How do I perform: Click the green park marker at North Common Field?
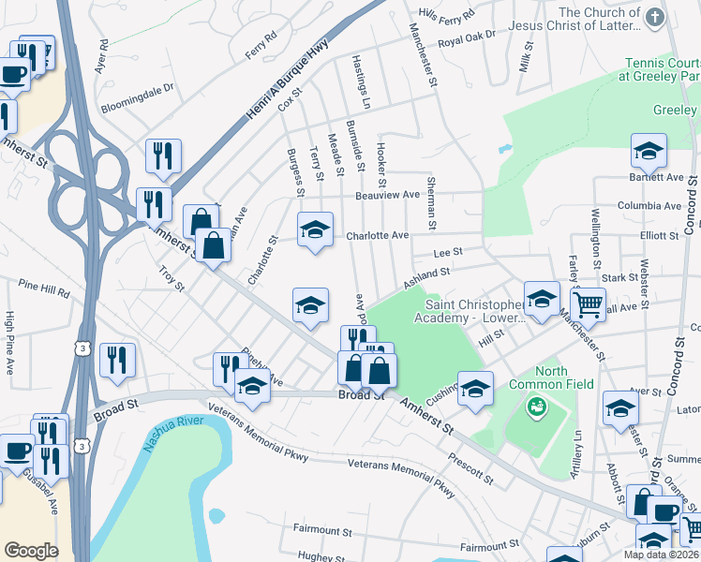pos(537,407)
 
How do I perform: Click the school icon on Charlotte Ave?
pos(316,229)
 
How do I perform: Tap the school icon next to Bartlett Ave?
pos(648,151)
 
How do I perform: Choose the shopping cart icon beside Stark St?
pos(588,302)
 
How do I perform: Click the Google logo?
pos(31,550)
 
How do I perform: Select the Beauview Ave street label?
pos(386,195)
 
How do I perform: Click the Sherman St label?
pos(431,202)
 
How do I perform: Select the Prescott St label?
pos(470,470)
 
